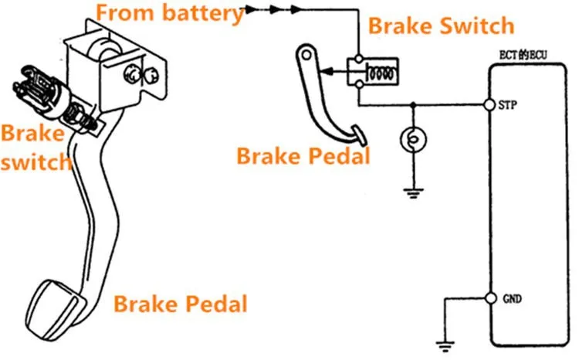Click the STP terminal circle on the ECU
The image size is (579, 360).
click(x=489, y=105)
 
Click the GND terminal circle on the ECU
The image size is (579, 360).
click(x=490, y=298)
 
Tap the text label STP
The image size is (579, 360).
click(x=507, y=105)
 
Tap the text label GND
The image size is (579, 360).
click(x=512, y=298)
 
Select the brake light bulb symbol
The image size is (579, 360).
click(x=413, y=140)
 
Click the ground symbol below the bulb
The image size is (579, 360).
click(x=413, y=193)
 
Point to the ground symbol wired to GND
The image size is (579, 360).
click(x=445, y=346)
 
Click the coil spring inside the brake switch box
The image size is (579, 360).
click(x=381, y=72)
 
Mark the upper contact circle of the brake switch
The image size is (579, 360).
click(x=358, y=59)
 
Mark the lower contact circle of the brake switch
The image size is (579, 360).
click(x=359, y=84)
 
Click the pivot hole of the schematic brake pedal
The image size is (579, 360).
click(x=306, y=56)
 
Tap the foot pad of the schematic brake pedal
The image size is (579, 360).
click(x=359, y=134)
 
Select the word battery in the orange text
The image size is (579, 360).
click(x=203, y=13)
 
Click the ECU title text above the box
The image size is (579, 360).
click(x=523, y=56)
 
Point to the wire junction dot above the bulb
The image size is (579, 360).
click(x=413, y=105)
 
